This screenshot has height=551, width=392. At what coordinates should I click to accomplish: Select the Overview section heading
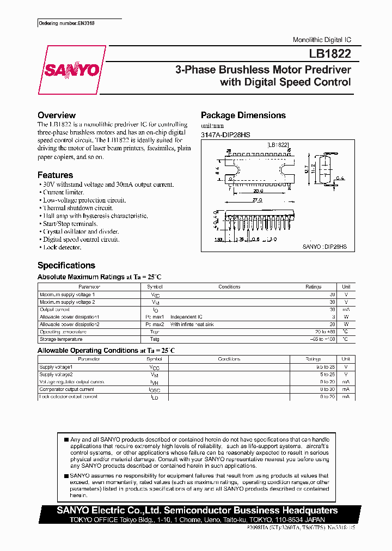point(56,115)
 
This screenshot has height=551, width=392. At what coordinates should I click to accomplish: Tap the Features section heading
point(55,175)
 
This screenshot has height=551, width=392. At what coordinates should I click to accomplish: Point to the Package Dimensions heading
point(243,115)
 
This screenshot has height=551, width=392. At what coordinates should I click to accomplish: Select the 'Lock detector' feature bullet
point(61,247)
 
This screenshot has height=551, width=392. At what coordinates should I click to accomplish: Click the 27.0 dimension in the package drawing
point(258,200)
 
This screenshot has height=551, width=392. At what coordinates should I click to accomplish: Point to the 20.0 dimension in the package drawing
point(258,191)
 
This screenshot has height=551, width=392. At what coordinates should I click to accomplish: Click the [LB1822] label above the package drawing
point(278,145)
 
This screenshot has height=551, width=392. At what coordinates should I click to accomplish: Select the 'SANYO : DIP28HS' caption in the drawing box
point(324,247)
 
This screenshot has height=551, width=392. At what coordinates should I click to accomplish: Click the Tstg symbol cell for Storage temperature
point(154,339)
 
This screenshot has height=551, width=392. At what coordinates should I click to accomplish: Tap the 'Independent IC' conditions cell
point(186,317)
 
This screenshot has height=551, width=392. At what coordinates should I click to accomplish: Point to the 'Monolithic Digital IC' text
point(322,40)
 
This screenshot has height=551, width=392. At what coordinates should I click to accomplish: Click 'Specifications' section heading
point(66,266)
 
